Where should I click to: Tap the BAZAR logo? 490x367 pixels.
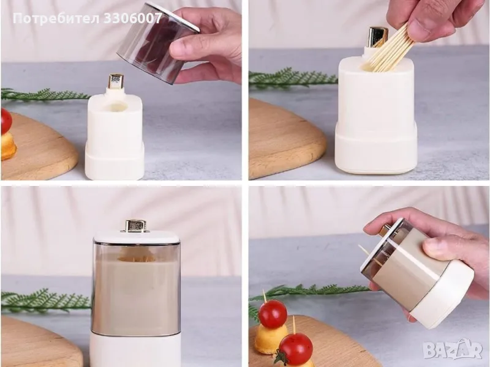tap(453, 350)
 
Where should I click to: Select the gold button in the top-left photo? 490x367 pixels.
tap(115, 81)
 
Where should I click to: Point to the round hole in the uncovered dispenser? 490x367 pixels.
tap(116, 107)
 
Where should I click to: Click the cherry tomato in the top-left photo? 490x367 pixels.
tap(6, 122)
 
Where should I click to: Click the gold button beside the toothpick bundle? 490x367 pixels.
tap(377, 37)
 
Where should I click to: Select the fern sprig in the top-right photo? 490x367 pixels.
tap(292, 78)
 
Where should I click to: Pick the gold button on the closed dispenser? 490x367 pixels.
tap(135, 226)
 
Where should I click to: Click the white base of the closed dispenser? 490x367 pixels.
tap(135, 349)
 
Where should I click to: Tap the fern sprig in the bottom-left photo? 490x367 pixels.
tap(46, 301)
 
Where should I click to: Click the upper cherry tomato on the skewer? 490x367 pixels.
tap(273, 314)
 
